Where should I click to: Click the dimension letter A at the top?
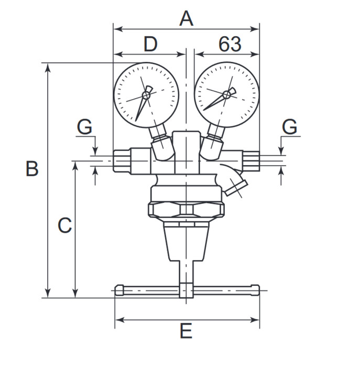coord(187,18)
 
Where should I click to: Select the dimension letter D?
coord(150,44)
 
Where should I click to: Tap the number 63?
coord(230,44)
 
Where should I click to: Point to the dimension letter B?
coord(32,168)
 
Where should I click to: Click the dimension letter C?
coord(64,225)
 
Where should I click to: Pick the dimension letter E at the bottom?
coord(186,331)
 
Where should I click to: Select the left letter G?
coord(85,127)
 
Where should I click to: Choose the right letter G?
coord(290,127)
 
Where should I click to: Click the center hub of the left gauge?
coord(146,95)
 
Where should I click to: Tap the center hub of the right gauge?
coord(226,94)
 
